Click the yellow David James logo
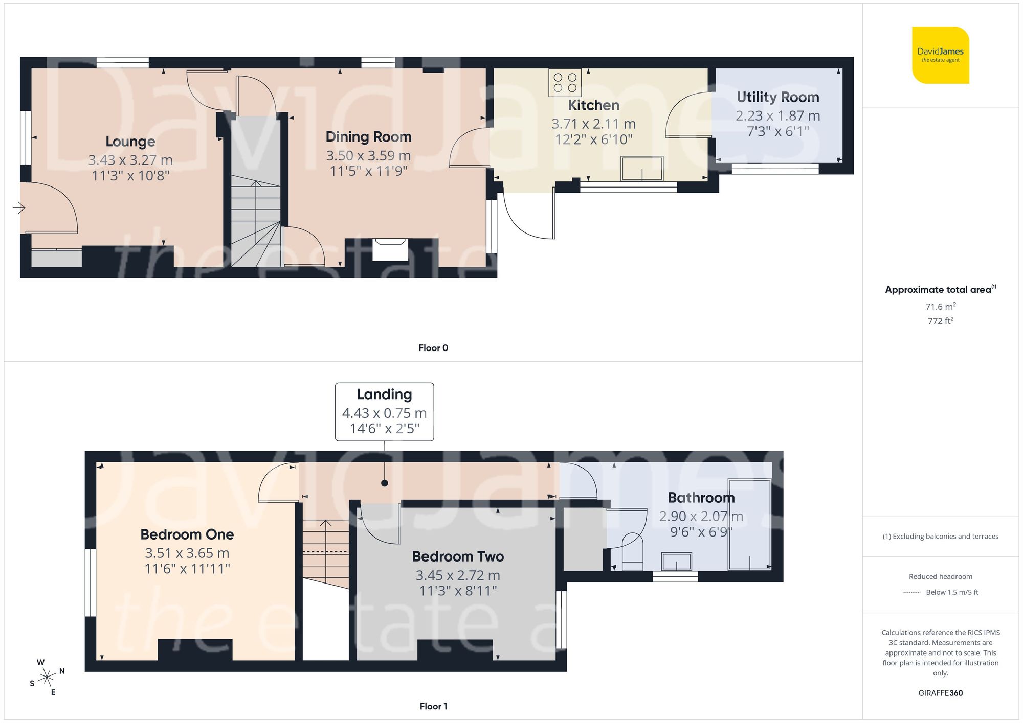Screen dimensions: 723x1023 click(940, 55)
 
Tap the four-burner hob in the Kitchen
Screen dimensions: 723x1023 click(565, 83)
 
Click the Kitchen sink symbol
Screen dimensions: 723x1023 click(642, 169)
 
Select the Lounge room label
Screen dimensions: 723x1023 click(130, 142)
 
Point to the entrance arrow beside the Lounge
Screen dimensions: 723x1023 click(19, 208)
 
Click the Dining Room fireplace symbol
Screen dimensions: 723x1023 click(390, 249)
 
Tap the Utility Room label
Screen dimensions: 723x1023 click(777, 97)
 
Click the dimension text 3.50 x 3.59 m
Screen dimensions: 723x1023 click(368, 155)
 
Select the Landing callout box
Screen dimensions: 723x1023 click(384, 411)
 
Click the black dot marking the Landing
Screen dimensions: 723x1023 click(384, 483)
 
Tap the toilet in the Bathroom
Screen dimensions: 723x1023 click(632, 554)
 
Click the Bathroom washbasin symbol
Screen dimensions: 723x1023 click(676, 562)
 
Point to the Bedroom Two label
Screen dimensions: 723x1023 click(458, 556)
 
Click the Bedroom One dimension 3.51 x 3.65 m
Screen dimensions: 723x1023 click(187, 553)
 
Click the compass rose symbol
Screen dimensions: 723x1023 click(47, 678)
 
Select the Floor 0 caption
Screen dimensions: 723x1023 click(433, 348)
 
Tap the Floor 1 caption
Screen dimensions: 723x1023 click(433, 706)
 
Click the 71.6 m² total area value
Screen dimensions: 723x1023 click(940, 307)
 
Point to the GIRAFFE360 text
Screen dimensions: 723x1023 click(940, 693)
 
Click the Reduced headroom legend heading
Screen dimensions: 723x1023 click(940, 576)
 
